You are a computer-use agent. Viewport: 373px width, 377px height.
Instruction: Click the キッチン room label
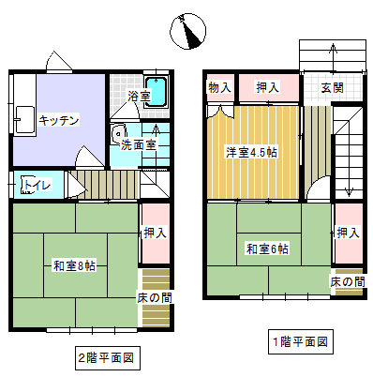[x=59, y=119]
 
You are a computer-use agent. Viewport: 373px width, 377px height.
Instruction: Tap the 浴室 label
[x=140, y=95]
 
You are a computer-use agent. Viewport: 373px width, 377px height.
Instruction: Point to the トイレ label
[x=37, y=185]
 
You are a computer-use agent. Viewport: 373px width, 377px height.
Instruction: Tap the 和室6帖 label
[x=267, y=249]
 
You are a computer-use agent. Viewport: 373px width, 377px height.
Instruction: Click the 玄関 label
[x=332, y=87]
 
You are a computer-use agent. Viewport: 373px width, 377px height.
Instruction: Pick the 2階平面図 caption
[x=107, y=356]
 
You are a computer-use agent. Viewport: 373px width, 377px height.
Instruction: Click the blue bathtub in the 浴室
[x=160, y=93]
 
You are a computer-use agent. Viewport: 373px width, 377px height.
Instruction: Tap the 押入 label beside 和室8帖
[x=155, y=233]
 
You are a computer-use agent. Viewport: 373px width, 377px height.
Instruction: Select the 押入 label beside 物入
[x=268, y=87]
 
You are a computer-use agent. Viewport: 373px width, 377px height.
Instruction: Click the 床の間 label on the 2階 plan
[x=155, y=297]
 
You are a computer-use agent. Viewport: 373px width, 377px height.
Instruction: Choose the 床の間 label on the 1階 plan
[x=347, y=281]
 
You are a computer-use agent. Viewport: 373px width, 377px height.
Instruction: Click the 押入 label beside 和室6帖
[x=348, y=233]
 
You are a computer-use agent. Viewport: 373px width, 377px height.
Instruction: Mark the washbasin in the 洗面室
[x=121, y=133]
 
